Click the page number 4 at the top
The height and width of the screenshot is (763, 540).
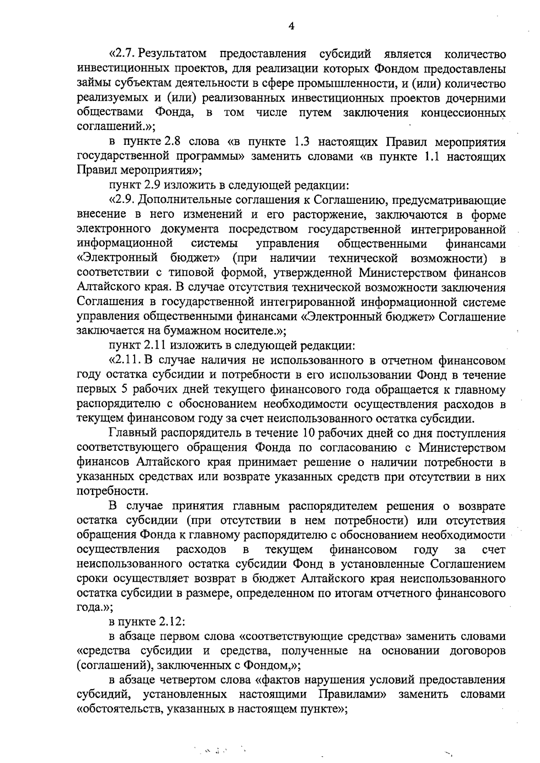(291, 27)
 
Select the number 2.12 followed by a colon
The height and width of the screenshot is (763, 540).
(171, 623)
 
